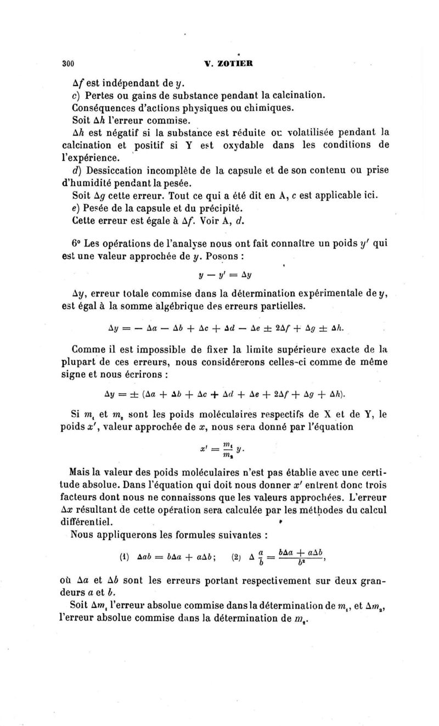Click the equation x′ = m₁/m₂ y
(x=221, y=448)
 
